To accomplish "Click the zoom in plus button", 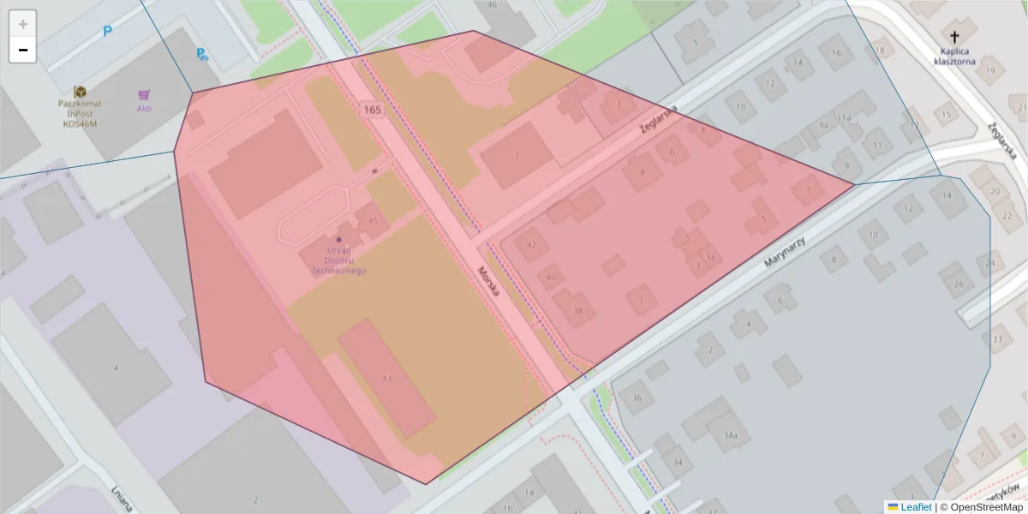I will [x=23, y=24].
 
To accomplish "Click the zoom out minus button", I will [x=23, y=51].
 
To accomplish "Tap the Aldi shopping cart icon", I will [x=144, y=95].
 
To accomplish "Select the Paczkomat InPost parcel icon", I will [x=80, y=92].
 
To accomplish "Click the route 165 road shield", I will [x=372, y=110].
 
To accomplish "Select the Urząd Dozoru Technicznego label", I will [x=340, y=260].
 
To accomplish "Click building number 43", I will [x=387, y=378].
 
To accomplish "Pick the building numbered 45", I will [x=373, y=221].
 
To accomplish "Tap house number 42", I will [x=531, y=245].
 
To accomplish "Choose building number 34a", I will [x=730, y=435].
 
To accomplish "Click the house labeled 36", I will [x=637, y=397].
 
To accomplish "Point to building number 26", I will [x=959, y=284].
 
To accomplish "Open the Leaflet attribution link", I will [x=916, y=507].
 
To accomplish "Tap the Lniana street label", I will [x=121, y=499].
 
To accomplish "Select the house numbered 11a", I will [x=844, y=117].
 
